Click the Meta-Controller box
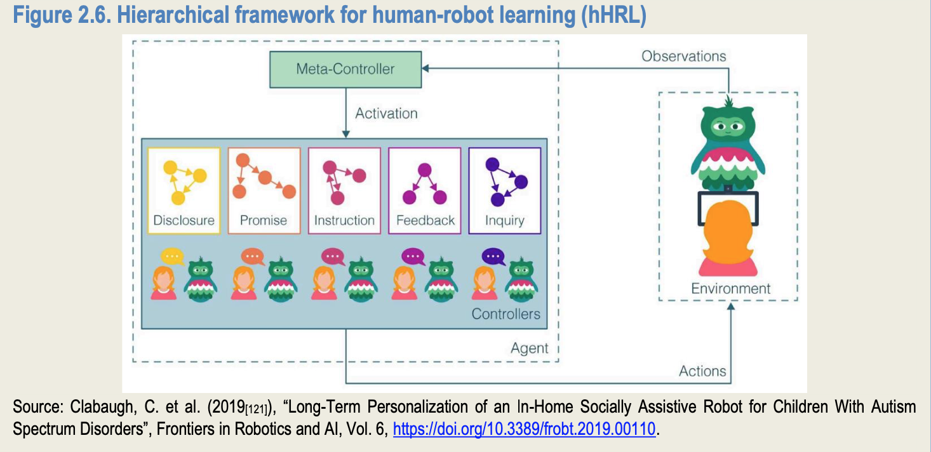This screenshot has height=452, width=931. coord(345,69)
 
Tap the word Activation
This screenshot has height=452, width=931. coord(386,114)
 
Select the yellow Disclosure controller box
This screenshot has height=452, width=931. coord(184,190)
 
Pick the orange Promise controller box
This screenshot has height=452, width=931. coord(264,190)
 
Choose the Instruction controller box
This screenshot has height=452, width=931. coord(344,190)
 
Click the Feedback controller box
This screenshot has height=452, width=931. coord(425,190)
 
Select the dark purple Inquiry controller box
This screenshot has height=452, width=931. coord(504,190)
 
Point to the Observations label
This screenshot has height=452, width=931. coord(683,56)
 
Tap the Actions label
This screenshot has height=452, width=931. coord(702,371)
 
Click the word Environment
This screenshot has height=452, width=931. coord(730,289)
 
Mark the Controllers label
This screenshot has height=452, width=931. coord(506,314)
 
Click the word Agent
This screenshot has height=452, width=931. coord(529,348)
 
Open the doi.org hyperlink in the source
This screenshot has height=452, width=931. coord(524,429)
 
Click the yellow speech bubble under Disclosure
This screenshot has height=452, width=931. coord(171,256)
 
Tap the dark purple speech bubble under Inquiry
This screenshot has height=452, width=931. coord(493,256)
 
